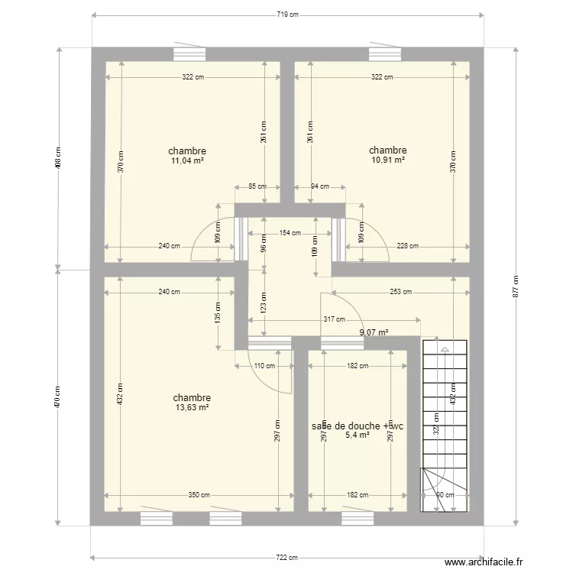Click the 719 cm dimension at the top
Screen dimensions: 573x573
[288, 15]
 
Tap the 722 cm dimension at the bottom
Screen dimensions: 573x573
[286, 558]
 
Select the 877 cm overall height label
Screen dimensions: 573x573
[516, 287]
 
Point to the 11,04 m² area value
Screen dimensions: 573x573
[187, 161]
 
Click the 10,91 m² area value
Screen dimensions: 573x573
[387, 160]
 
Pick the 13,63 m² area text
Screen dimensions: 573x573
[192, 408]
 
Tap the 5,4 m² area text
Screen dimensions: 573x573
[358, 435]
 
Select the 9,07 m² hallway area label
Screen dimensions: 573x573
[374, 332]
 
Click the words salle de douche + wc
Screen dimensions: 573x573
[357, 426]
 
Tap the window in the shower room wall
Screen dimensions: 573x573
[357, 519]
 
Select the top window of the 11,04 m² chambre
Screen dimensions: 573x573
[189, 53]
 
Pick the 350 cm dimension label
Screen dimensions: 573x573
[199, 495]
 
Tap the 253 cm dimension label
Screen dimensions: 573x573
[400, 292]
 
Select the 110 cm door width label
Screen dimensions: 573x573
[264, 366]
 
